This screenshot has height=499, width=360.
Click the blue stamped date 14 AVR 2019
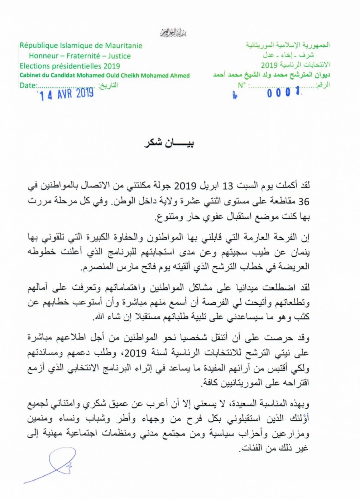(67, 94)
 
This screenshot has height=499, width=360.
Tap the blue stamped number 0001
(284, 93)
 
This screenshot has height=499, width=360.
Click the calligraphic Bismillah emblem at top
(174, 34)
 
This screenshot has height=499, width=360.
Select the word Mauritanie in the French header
(124, 46)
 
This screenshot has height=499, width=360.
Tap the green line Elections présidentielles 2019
(70, 66)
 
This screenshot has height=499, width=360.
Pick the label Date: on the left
(28, 85)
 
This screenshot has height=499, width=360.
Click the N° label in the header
(242, 85)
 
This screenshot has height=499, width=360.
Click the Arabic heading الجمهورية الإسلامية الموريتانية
(288, 46)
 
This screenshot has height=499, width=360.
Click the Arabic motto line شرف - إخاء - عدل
(288, 56)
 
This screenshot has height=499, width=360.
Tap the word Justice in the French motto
(119, 56)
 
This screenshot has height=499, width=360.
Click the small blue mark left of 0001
(235, 96)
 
